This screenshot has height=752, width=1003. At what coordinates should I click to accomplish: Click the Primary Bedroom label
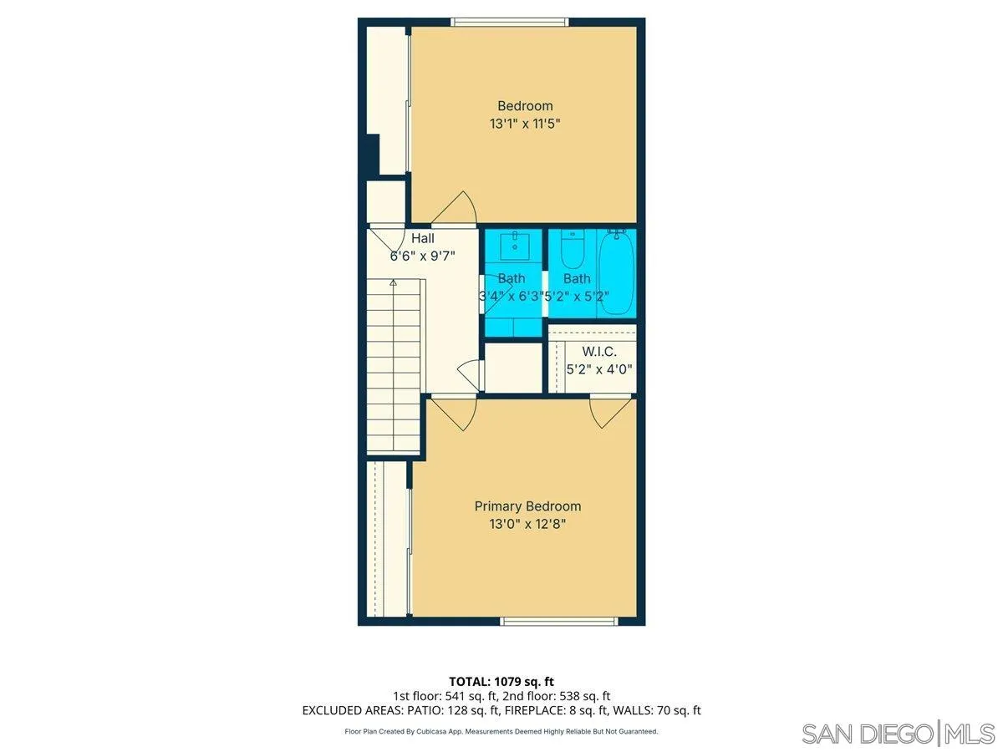pyautogui.click(x=527, y=506)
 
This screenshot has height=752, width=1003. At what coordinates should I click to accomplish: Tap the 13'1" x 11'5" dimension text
pyautogui.click(x=525, y=124)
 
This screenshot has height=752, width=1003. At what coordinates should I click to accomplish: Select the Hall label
pyautogui.click(x=422, y=239)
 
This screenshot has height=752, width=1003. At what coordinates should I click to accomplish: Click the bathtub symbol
pyautogui.click(x=617, y=272)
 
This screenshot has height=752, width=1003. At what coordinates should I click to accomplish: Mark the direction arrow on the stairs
pyautogui.click(x=393, y=284)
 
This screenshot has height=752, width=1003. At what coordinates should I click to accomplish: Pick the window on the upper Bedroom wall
pyautogui.click(x=510, y=22)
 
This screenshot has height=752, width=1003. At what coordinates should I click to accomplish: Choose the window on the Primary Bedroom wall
pyautogui.click(x=558, y=621)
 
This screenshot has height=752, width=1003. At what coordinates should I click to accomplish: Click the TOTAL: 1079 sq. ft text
pyautogui.click(x=501, y=682)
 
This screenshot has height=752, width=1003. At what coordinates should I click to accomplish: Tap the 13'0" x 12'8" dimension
pyautogui.click(x=527, y=525)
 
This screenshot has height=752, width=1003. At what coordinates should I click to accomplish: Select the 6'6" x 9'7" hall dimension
pyautogui.click(x=423, y=257)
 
